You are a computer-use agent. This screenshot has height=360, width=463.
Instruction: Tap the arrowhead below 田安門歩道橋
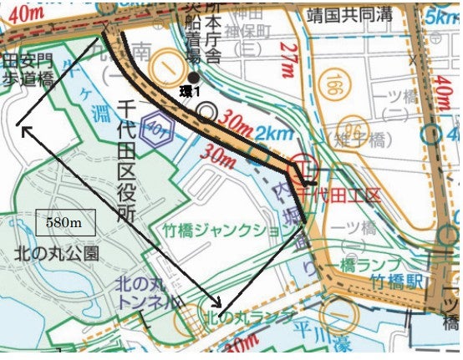click(20, 127)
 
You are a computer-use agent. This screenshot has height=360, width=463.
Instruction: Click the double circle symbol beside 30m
click(206, 114)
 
